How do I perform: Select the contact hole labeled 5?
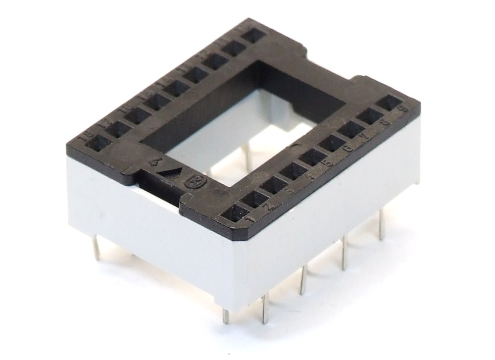click(313, 157)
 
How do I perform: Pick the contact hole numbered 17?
click(118, 129)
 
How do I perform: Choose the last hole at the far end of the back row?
click(254, 35)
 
